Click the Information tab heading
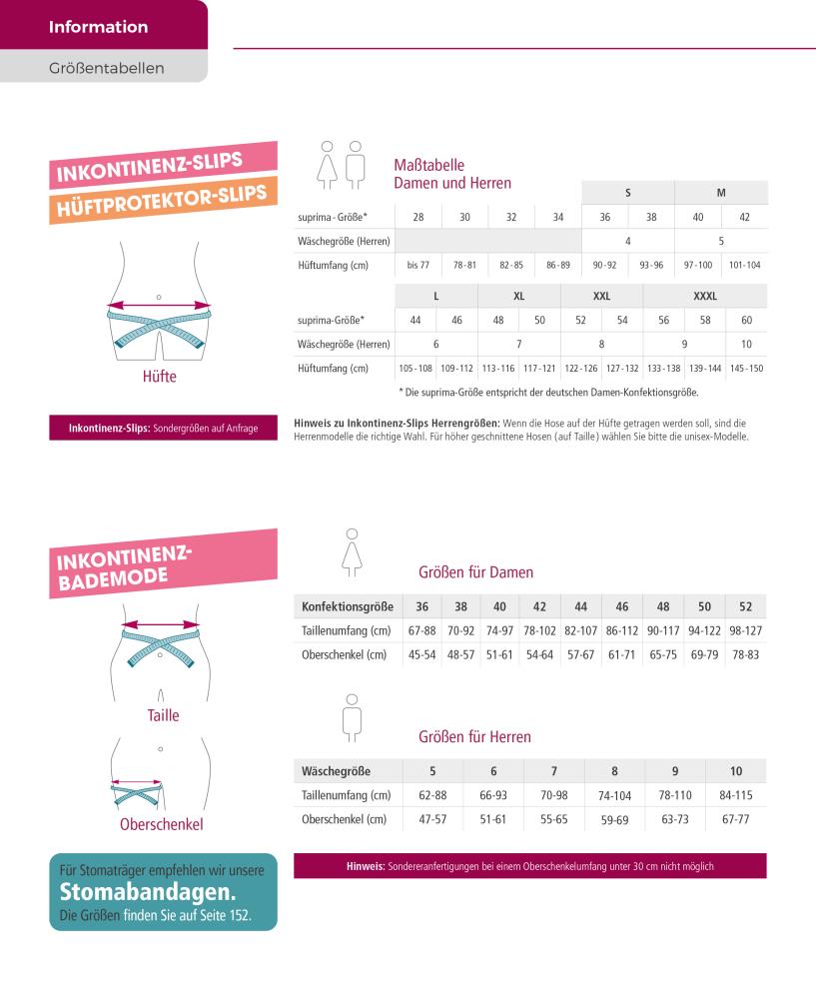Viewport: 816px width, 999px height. [98, 27]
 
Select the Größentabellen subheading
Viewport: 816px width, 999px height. [106, 69]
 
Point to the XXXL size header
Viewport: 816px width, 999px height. [705, 296]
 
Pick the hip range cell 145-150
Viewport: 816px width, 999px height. [746, 369]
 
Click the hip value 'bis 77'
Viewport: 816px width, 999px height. [418, 265]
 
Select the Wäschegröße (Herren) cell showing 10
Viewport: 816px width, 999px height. [746, 344]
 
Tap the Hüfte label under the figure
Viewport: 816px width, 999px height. [160, 378]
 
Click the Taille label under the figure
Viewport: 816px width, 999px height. [163, 715]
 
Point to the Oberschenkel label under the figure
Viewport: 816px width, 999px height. [161, 824]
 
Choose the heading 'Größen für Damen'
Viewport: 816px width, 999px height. [475, 572]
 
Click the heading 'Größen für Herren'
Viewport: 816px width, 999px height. [474, 737]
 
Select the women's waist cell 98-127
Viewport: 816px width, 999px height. [745, 630]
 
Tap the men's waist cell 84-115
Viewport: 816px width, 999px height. [735, 795]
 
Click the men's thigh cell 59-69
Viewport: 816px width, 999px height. [614, 819]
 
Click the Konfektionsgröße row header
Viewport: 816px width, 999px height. [347, 606]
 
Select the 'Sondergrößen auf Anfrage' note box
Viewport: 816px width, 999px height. [163, 429]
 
